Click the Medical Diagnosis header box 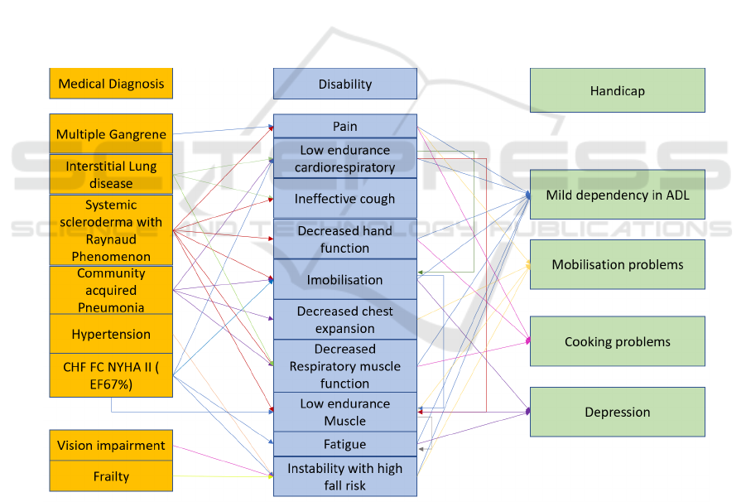tap(111, 84)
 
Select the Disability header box tap(344, 84)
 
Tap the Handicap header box tap(617, 90)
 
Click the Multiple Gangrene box tap(111, 134)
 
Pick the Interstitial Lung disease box tap(111, 174)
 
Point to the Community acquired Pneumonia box tap(111, 290)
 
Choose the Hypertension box tap(111, 334)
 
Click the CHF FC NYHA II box tap(111, 374)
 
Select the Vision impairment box tap(111, 446)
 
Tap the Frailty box tap(111, 476)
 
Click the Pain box tap(344, 126)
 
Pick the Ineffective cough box tap(344, 199)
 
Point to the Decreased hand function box tap(344, 239)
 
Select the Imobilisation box tap(344, 280)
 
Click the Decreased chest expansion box tap(344, 320)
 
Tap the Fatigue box tap(344, 444)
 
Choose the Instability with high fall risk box tap(344, 476)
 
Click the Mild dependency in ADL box tap(617, 195)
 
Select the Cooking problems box tap(617, 341)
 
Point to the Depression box tap(617, 412)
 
